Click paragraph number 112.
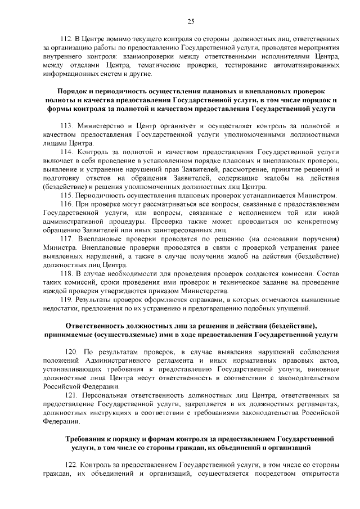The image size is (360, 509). [66, 40]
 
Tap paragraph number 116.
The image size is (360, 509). [67, 203]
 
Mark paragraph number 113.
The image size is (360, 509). [67, 126]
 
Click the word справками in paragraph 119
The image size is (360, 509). [185, 300]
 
